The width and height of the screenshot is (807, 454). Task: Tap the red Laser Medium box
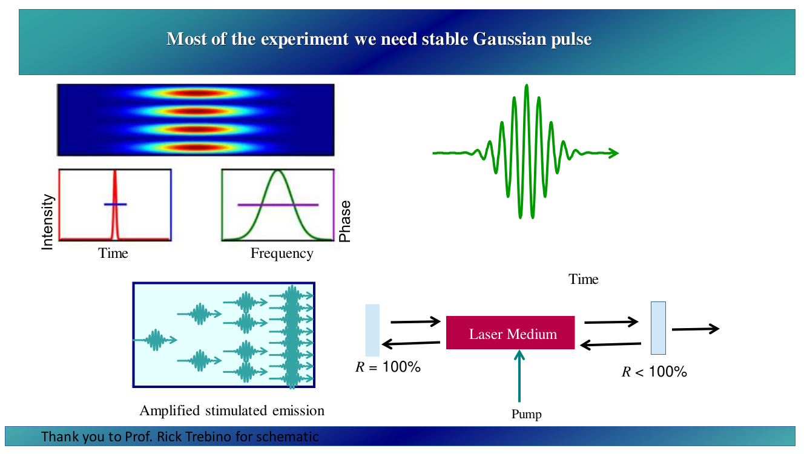pyautogui.click(x=510, y=332)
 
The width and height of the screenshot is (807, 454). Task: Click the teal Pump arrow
pyautogui.click(x=519, y=376)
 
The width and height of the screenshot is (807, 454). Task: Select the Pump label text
pyautogui.click(x=526, y=415)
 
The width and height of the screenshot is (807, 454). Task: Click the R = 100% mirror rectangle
pyautogui.click(x=372, y=330)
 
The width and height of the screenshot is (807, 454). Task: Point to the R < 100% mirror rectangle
pyautogui.click(x=658, y=328)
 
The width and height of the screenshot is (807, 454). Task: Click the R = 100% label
pyautogui.click(x=388, y=367)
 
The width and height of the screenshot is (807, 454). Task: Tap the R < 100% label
pyautogui.click(x=654, y=372)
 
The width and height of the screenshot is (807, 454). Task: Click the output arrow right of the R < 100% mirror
pyautogui.click(x=696, y=329)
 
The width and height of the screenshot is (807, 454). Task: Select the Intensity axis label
pyautogui.click(x=47, y=222)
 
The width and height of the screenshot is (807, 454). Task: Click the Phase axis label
pyautogui.click(x=345, y=221)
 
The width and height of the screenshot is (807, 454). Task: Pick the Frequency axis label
pyautogui.click(x=282, y=253)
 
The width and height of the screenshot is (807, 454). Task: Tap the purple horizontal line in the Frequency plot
pyautogui.click(x=278, y=205)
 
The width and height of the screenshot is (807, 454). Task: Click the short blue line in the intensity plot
pyautogui.click(x=115, y=205)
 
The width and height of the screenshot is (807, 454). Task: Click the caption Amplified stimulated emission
pyautogui.click(x=232, y=411)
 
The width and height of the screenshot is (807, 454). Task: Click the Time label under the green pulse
pyautogui.click(x=583, y=279)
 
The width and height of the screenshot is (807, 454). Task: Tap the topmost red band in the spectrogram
pyautogui.click(x=196, y=94)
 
